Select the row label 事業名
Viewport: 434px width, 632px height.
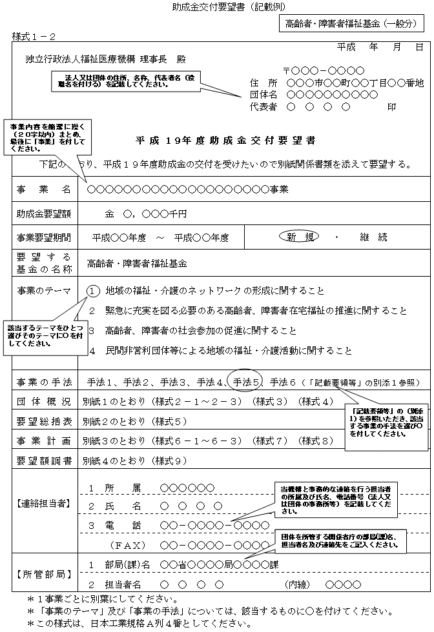(44, 190)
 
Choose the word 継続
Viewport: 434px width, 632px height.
(373, 237)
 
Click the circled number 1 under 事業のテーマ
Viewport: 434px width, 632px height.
(93, 291)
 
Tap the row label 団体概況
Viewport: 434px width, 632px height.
(44, 402)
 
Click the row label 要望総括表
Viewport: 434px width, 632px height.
(44, 422)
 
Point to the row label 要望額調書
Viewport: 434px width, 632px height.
(44, 461)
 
